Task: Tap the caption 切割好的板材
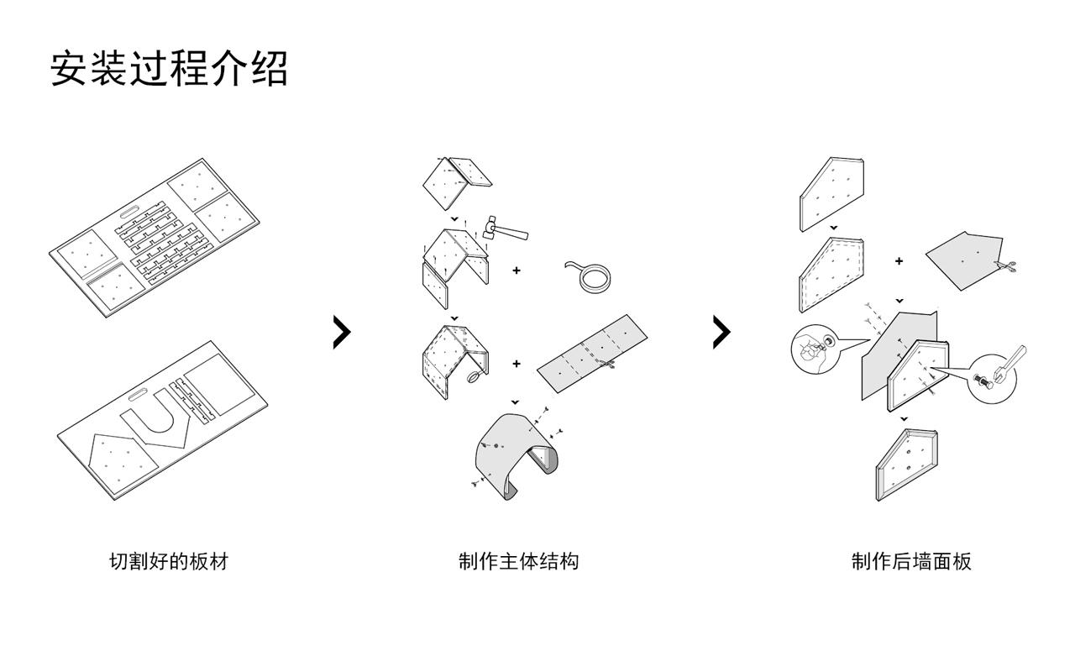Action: click(x=169, y=561)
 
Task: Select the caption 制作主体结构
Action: click(x=518, y=561)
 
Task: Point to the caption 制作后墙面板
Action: click(x=911, y=561)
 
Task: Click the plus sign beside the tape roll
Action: click(x=516, y=270)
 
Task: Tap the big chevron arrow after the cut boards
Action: click(x=341, y=333)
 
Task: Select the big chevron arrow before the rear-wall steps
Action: click(x=721, y=333)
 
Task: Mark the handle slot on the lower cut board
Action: click(x=138, y=392)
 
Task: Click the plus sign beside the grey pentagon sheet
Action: click(x=899, y=261)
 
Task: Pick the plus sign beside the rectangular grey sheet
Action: click(x=516, y=364)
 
